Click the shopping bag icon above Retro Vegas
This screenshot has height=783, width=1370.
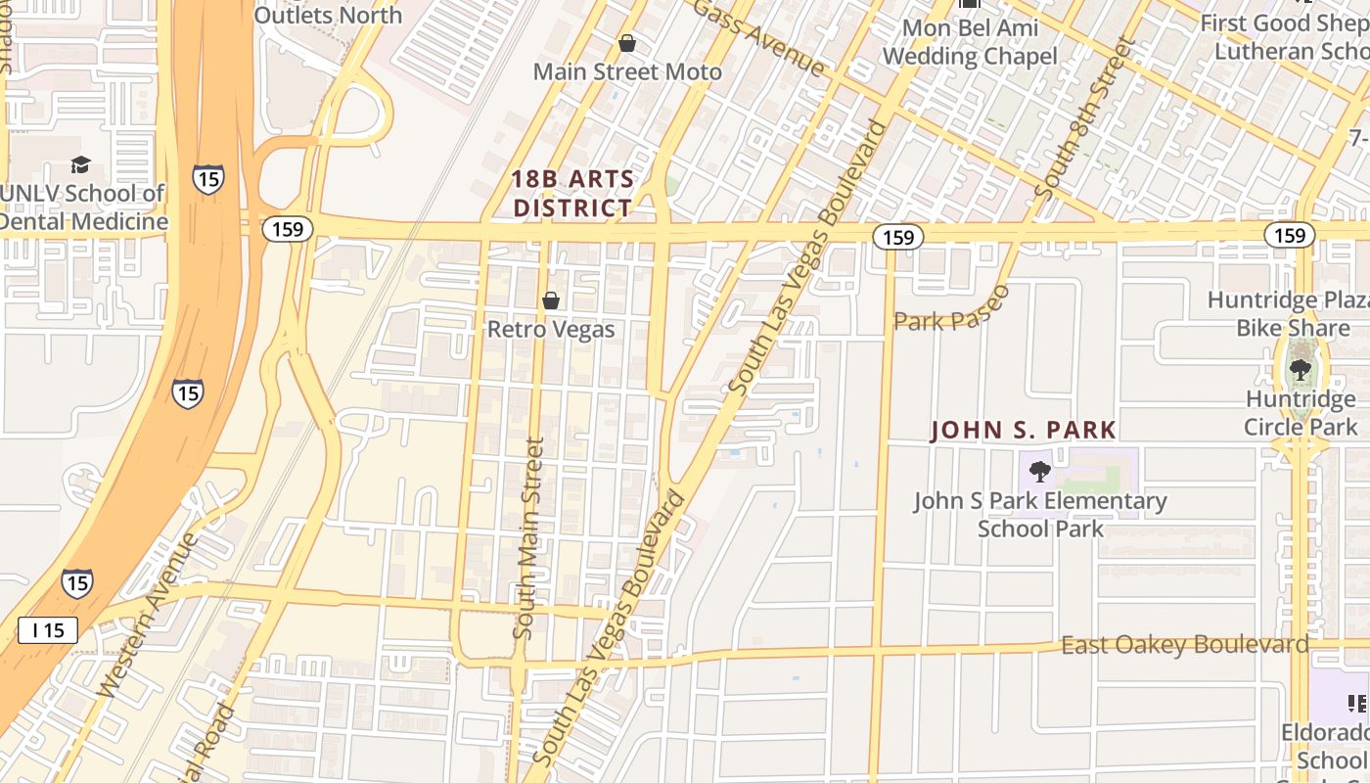tap(551, 300)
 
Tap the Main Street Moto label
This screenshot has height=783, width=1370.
tap(627, 71)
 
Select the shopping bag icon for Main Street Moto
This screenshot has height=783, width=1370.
tap(627, 44)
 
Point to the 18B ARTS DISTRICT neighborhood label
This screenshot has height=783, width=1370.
tap(573, 194)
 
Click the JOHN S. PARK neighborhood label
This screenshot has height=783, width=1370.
tap(1023, 430)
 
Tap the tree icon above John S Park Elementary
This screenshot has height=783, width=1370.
tap(1040, 473)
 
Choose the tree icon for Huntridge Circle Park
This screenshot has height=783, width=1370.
tap(1300, 370)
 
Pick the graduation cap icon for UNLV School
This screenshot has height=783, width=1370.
tap(81, 165)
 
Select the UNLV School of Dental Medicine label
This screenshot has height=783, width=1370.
tap(82, 207)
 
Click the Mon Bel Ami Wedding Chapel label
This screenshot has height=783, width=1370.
tap(969, 42)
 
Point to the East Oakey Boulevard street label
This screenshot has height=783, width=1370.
tap(1184, 645)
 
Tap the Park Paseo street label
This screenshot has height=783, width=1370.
tap(951, 311)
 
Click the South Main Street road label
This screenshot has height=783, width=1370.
tap(528, 538)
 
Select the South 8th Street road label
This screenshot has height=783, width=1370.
tap(1086, 122)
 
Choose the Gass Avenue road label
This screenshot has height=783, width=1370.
tap(761, 37)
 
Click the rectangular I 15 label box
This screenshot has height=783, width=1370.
tap(48, 630)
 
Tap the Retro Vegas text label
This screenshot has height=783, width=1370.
tap(551, 329)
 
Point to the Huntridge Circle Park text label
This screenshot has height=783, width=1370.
tap(1301, 413)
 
